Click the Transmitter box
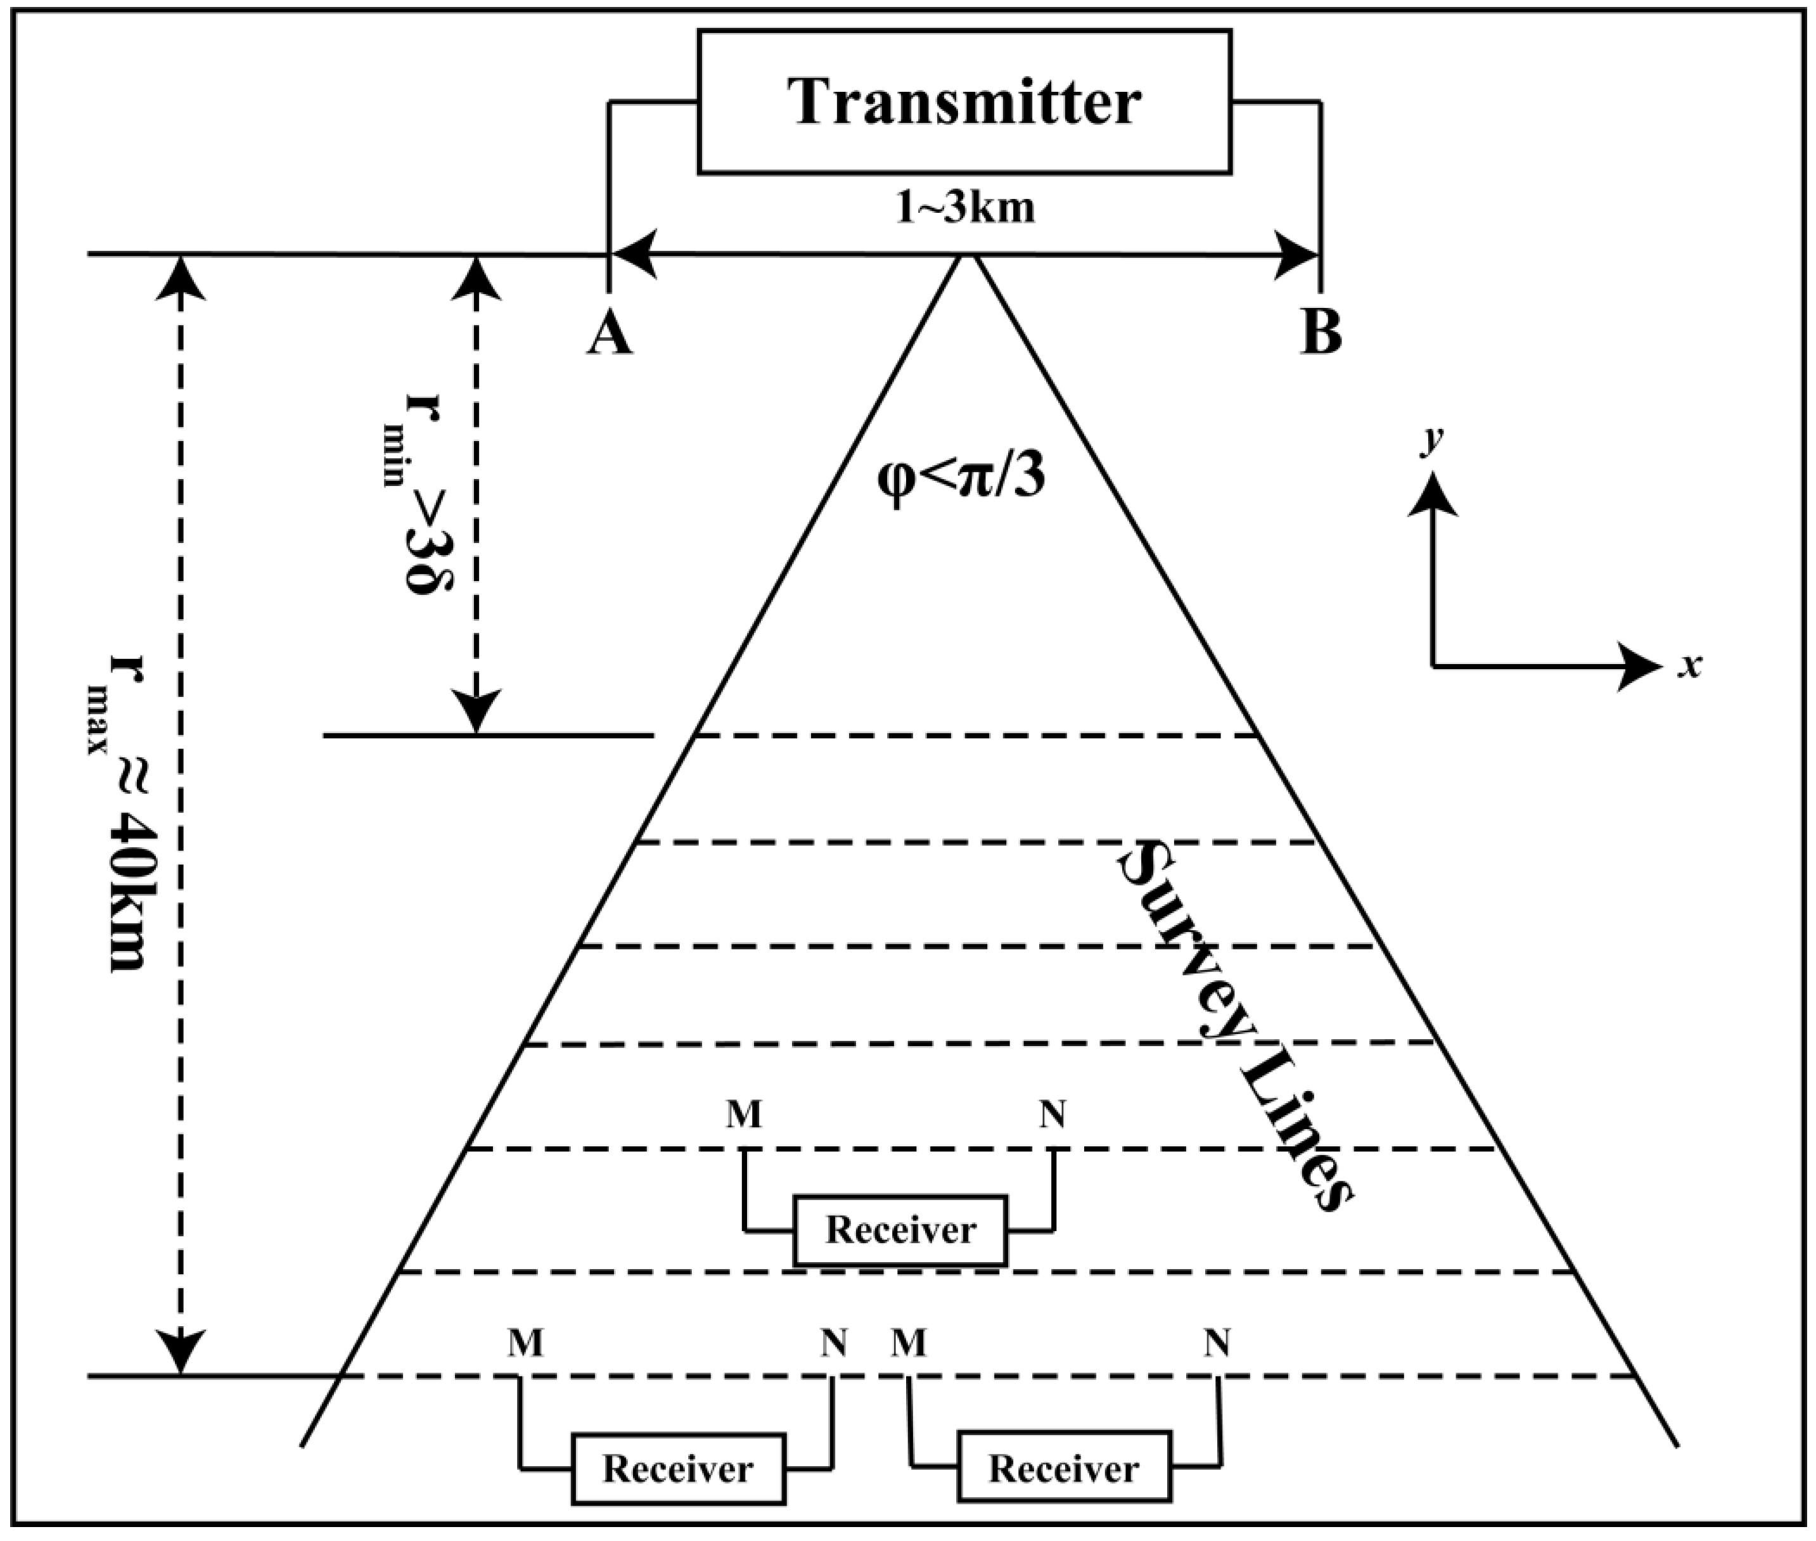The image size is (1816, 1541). click(964, 101)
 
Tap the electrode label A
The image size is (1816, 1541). click(609, 335)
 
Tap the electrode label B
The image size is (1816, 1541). click(1320, 335)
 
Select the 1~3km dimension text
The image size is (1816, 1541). click(964, 210)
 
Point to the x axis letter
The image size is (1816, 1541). click(1691, 666)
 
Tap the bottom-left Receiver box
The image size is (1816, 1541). click(678, 1469)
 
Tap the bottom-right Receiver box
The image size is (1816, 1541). click(1063, 1469)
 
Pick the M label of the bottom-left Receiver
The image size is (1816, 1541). click(525, 1343)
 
